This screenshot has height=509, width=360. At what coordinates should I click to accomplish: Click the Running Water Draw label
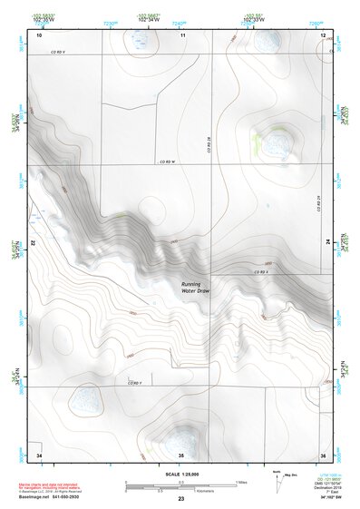(194, 287)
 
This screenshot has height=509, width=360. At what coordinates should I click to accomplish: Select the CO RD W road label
(165, 162)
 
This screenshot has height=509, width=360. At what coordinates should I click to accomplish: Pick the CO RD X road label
(259, 272)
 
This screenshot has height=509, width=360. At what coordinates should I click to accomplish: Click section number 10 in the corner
(39, 34)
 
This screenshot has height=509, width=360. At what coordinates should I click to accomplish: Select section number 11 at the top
(182, 34)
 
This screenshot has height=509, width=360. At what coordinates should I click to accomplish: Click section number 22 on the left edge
(33, 243)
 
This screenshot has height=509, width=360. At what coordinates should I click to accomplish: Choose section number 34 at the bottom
(39, 454)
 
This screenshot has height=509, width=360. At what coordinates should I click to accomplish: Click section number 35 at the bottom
(181, 454)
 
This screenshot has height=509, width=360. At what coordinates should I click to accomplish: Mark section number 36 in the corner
(322, 454)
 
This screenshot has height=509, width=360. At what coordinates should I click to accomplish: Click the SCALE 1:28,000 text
(180, 475)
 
